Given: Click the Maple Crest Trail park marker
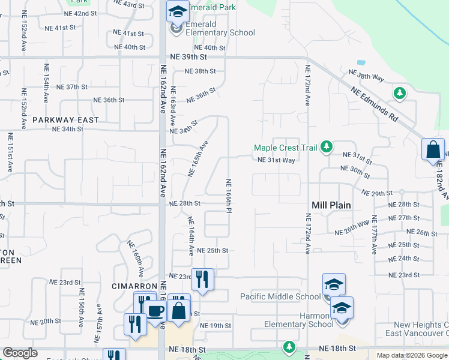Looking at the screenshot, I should pos(327,147).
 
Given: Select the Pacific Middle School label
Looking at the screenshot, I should pos(280,296).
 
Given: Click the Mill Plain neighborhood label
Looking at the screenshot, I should pos(331,205).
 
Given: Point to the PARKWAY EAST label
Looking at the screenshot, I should pos(66,120).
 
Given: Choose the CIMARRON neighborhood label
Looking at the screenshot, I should pos(134,286).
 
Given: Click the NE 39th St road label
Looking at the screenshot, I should pos(187,56).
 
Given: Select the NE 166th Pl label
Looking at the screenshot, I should pos(229,196).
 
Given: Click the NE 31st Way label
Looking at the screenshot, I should pos(276,160).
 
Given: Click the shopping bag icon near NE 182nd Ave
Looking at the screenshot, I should pos(433,149).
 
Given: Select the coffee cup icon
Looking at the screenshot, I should pos(155,311).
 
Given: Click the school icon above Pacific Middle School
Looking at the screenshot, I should pos(334,284).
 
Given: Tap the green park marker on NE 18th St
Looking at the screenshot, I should pos(289,347).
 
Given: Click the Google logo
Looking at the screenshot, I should pos(20,353).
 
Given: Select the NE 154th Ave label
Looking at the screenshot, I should pos(46,77).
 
